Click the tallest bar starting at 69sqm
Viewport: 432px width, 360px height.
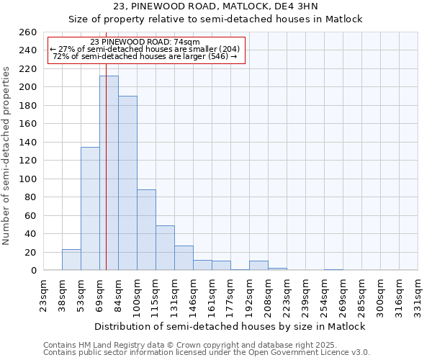(x=109, y=173)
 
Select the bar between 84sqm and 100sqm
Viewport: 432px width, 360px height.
(x=127, y=183)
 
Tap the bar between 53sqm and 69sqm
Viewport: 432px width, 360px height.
(x=90, y=209)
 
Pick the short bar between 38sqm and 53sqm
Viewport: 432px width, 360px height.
(x=71, y=260)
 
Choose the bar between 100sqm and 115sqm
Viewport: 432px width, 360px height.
(x=146, y=230)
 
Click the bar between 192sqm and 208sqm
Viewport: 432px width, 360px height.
(x=258, y=266)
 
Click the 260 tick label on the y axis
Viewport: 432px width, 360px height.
(x=27, y=32)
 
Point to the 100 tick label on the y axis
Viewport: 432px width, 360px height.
(x=27, y=179)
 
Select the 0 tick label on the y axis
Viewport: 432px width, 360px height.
(x=33, y=271)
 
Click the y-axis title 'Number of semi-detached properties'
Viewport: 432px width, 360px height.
(x=7, y=156)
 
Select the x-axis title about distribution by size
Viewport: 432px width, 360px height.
(x=231, y=326)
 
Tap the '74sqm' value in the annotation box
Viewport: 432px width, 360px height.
(x=186, y=42)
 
